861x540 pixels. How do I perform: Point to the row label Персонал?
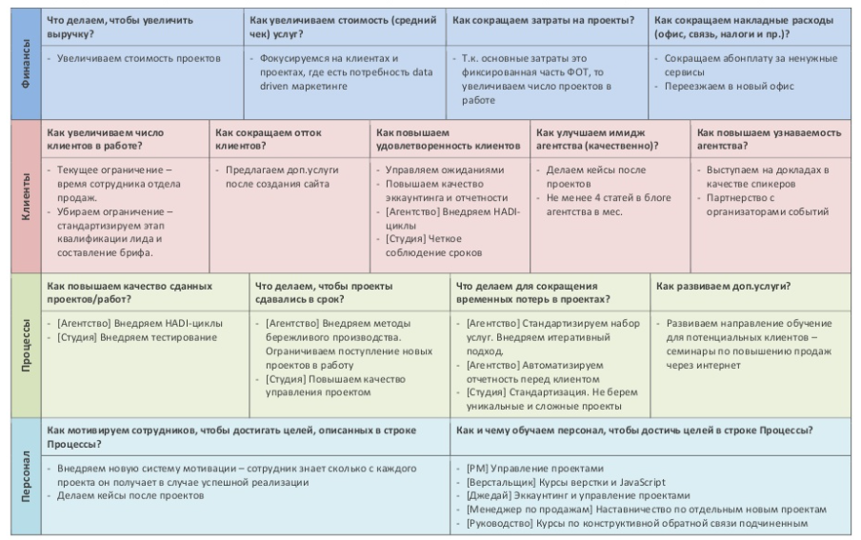(24, 476)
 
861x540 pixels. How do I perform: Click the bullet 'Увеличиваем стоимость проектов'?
(138, 58)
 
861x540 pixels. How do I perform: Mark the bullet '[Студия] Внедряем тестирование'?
(137, 336)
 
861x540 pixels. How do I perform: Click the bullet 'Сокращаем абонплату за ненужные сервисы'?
(738, 66)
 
